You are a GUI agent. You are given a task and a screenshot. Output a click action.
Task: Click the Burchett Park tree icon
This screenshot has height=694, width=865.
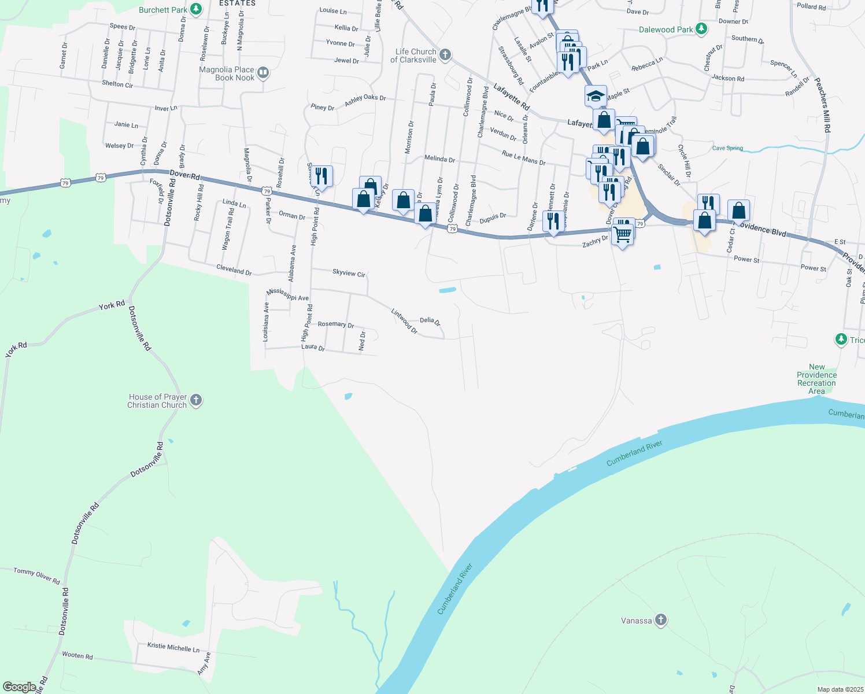pyautogui.click(x=196, y=9)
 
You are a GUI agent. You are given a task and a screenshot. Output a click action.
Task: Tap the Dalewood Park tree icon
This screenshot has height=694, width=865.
pyautogui.click(x=701, y=29)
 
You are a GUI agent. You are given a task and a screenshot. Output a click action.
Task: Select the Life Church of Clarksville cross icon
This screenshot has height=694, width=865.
pyautogui.click(x=445, y=55)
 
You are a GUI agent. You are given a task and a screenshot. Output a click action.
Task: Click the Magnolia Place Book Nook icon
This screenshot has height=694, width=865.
pyautogui.click(x=263, y=73)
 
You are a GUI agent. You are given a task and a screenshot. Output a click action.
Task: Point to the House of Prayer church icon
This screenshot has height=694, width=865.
pyautogui.click(x=196, y=400)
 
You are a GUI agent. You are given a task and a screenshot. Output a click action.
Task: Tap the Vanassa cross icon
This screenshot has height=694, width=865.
pyautogui.click(x=660, y=621)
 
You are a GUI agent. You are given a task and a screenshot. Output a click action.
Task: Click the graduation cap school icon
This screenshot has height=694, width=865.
pyautogui.click(x=595, y=95)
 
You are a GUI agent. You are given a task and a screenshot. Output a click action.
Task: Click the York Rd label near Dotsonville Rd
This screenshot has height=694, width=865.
pyautogui.click(x=112, y=305)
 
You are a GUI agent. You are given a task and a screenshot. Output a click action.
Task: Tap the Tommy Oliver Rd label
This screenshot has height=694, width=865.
pyautogui.click(x=36, y=575)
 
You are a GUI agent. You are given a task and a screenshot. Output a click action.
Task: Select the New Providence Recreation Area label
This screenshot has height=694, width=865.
pyautogui.click(x=816, y=379)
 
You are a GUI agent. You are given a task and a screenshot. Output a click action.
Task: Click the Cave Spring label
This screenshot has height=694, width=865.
pyautogui.click(x=727, y=148)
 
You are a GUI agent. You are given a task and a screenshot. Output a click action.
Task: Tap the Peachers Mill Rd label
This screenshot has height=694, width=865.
pyautogui.click(x=822, y=105)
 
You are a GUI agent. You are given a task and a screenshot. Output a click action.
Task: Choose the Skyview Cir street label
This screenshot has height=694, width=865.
pyautogui.click(x=349, y=272)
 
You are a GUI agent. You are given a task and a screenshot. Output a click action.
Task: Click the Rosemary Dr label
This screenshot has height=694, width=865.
pyautogui.click(x=335, y=324)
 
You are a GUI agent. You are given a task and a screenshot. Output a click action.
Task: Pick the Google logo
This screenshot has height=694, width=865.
pyautogui.click(x=19, y=687)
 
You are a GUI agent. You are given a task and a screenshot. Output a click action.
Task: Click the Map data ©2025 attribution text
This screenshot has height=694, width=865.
pyautogui.click(x=839, y=689)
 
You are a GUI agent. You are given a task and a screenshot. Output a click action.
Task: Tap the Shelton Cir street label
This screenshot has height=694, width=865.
pyautogui.click(x=117, y=84)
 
